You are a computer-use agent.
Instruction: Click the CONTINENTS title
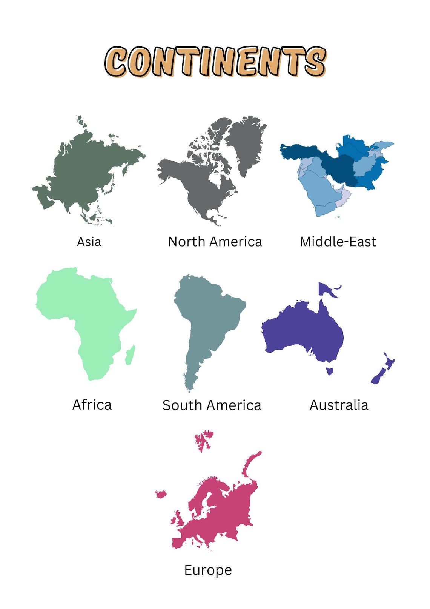tap(215, 62)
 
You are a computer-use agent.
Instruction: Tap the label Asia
tap(89, 242)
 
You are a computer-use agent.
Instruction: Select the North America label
tap(215, 242)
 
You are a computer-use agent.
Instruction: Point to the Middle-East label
tap(338, 242)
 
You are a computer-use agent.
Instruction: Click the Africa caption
tap(92, 405)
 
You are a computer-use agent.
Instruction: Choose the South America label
tap(212, 405)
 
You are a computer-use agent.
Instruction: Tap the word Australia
tap(339, 405)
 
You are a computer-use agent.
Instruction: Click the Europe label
tap(208, 570)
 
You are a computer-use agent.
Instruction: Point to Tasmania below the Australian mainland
tap(330, 371)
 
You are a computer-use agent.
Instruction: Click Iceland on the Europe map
tap(161, 494)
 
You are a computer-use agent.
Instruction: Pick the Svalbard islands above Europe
tap(204, 439)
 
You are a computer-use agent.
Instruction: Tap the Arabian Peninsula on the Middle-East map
tap(321, 193)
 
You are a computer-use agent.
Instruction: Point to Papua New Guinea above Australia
tap(326, 290)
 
